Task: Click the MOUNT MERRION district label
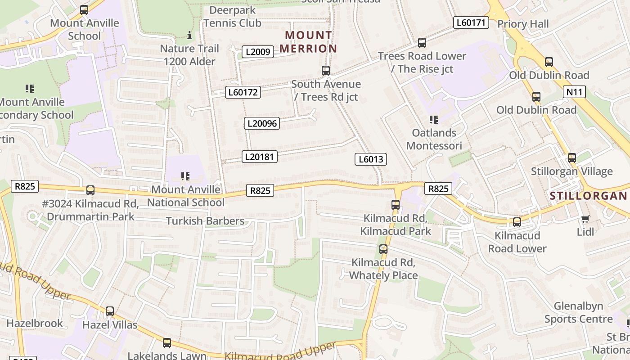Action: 311,42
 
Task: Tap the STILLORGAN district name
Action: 588,196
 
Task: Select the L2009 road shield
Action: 258,52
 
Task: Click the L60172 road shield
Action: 243,92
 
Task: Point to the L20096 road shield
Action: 262,123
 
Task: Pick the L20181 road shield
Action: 260,157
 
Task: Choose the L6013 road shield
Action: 371,159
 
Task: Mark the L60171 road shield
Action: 471,22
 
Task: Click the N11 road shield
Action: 574,92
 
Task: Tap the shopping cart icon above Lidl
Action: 585,219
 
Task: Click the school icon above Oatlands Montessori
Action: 434,120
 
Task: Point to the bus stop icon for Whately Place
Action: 383,249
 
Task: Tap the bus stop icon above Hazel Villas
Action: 110,311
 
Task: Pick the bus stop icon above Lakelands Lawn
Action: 167,343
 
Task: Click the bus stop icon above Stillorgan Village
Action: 571,158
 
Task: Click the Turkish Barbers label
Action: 205,221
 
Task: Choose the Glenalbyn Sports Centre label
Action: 578,313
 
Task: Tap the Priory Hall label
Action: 523,24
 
